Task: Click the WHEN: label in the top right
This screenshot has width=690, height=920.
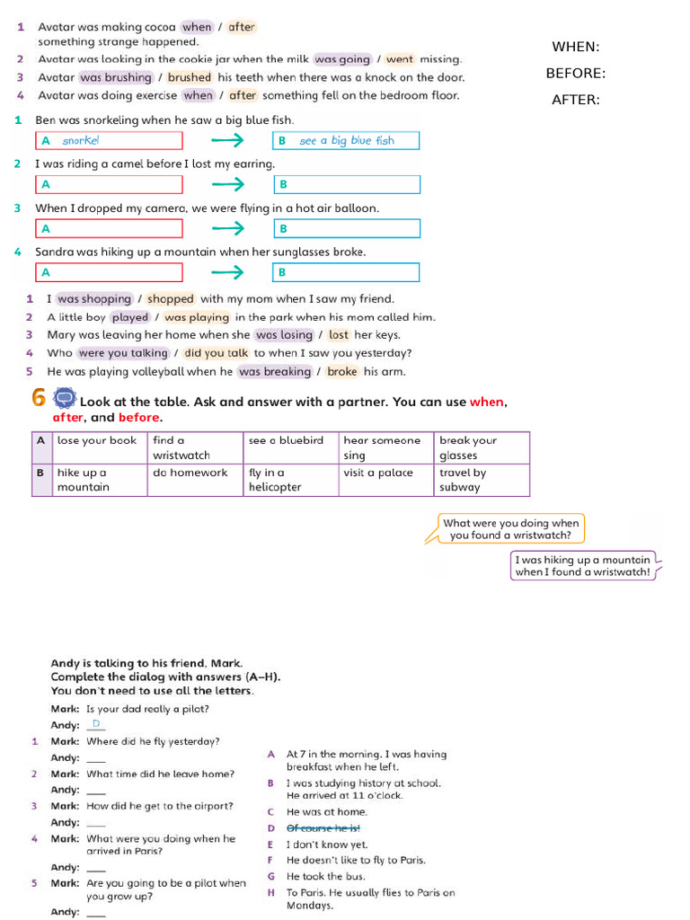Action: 575,47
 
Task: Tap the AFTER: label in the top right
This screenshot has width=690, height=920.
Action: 575,100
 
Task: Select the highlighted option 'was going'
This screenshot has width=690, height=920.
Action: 342,59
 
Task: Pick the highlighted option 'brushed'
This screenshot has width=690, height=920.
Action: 190,77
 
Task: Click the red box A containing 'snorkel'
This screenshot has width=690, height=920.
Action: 109,140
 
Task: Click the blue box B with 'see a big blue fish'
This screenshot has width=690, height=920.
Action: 346,140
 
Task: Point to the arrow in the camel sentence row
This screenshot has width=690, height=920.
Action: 227,184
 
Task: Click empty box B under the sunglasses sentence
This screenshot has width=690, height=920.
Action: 346,272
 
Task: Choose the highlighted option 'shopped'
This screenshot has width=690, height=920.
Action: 171,299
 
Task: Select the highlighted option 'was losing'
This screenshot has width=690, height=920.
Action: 284,335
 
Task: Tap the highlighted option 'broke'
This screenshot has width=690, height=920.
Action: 341,371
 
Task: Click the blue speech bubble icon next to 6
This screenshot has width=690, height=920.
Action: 65,397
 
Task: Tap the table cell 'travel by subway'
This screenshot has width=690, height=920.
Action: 482,480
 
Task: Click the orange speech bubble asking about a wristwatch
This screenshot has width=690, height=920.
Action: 511,528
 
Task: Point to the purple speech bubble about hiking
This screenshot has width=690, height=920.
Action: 582,565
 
